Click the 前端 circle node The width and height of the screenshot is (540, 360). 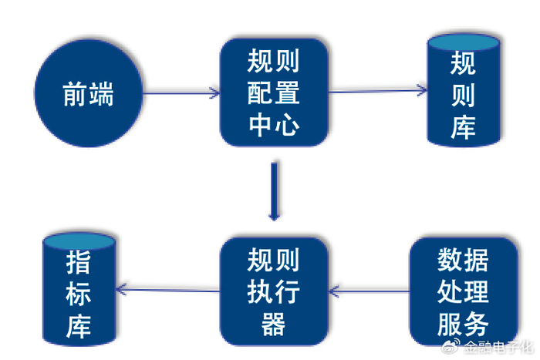[x=89, y=93]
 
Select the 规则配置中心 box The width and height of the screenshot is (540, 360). [x=274, y=93]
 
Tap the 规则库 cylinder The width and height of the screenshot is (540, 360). [x=464, y=90]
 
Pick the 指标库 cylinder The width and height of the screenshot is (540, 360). [x=79, y=289]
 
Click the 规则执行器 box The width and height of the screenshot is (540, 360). [x=274, y=291]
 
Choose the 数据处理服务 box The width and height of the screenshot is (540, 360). [x=464, y=291]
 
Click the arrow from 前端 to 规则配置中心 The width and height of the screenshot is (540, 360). [x=181, y=93]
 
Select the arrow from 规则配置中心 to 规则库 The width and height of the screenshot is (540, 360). [x=377, y=91]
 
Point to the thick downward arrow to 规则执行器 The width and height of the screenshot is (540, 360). [x=274, y=191]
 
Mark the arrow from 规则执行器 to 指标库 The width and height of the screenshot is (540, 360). [x=167, y=290]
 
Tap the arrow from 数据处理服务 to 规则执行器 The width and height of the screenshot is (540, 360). [x=370, y=291]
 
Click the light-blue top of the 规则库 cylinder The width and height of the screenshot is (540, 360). [x=464, y=42]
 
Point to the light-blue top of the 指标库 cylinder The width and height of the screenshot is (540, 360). [x=79, y=241]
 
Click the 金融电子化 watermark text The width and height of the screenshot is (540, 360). [x=498, y=347]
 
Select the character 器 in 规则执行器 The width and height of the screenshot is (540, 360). [x=274, y=324]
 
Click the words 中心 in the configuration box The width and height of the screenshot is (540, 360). [x=274, y=125]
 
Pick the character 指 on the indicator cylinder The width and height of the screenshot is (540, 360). [x=79, y=262]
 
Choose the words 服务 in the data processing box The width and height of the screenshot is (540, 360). [x=463, y=324]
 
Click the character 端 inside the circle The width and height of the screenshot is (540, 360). [x=101, y=93]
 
